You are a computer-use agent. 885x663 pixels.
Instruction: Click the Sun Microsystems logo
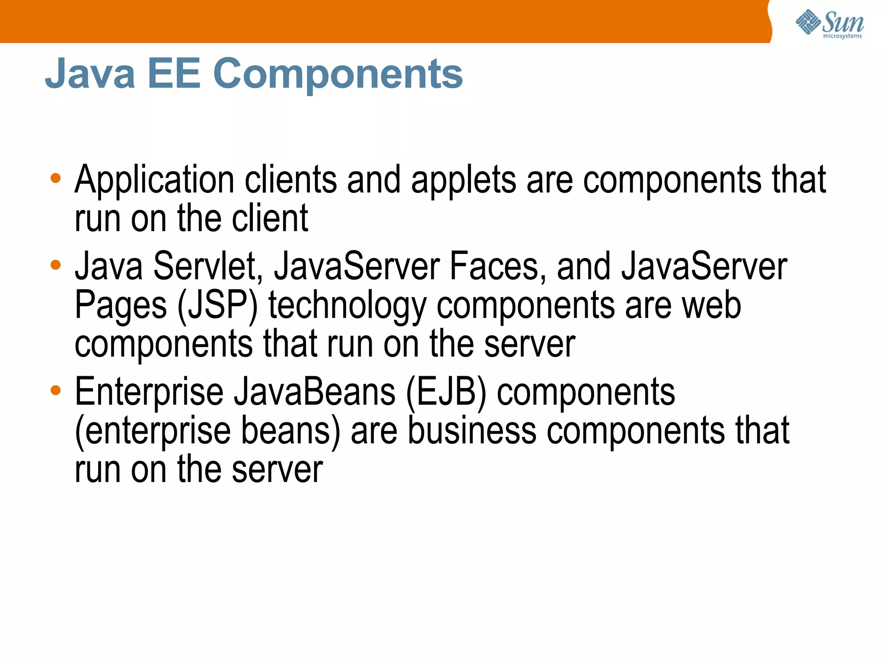[829, 24]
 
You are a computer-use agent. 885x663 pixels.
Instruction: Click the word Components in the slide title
[338, 74]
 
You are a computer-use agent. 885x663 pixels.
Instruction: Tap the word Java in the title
[90, 74]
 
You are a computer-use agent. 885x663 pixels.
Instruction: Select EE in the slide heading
[174, 74]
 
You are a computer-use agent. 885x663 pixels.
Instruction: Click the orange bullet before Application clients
[56, 178]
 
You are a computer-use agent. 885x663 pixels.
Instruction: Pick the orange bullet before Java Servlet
[56, 264]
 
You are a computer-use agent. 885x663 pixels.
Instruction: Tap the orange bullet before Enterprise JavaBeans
[56, 390]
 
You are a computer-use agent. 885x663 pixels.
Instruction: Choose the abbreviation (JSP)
[217, 306]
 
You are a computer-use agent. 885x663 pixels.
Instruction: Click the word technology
[347, 306]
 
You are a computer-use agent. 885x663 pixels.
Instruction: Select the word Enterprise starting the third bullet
[149, 392]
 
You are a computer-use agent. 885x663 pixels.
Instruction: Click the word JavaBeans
[315, 392]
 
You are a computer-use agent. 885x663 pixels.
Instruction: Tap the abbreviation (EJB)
[446, 392]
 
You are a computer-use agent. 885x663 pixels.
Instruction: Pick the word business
[472, 431]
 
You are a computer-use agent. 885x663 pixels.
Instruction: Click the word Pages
[121, 306]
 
